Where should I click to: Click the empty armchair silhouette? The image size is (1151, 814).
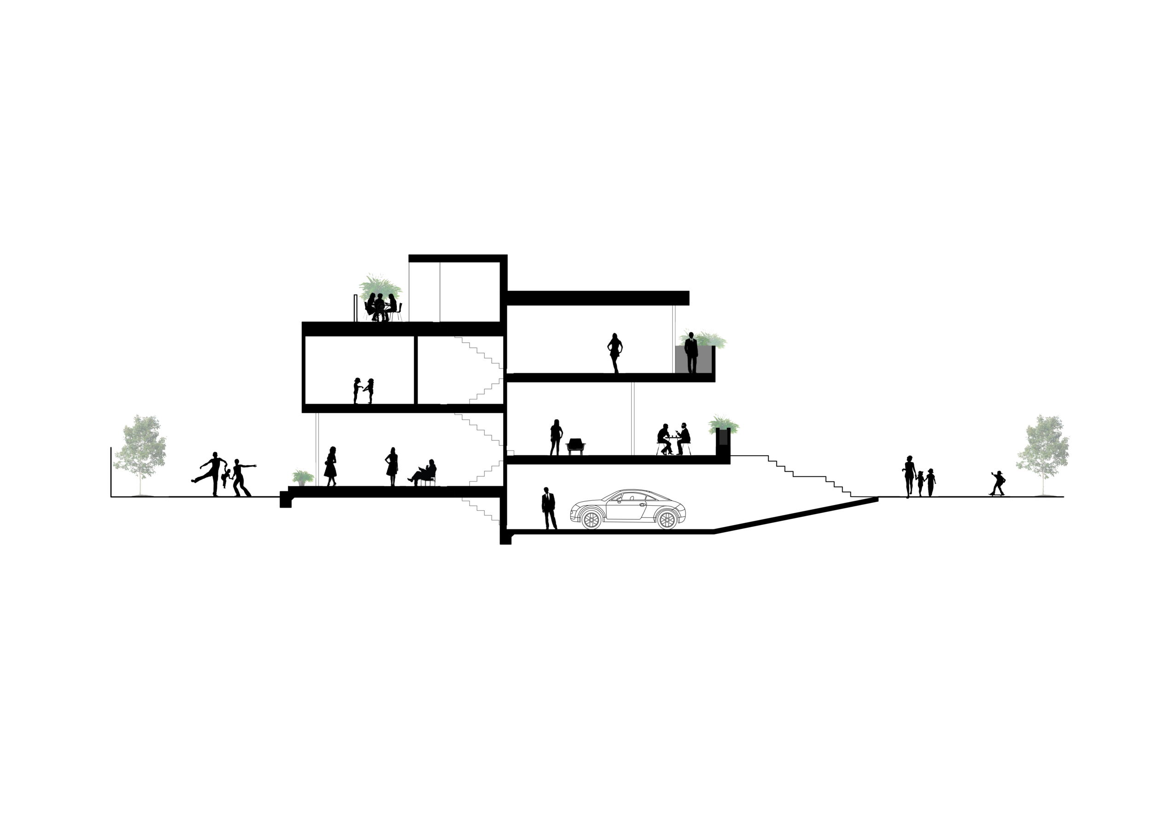[575, 445]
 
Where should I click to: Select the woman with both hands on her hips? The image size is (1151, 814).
[615, 351]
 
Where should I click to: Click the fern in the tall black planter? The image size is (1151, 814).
[723, 424]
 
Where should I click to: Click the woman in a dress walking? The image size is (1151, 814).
[331, 466]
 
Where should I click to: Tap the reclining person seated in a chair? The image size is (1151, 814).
[424, 473]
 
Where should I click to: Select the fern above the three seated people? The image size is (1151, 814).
[379, 284]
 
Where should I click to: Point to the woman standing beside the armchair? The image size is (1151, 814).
[555, 436]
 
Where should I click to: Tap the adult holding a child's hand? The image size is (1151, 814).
[908, 475]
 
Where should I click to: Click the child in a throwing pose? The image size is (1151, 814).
[997, 482]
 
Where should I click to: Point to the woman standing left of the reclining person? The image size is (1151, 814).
[392, 465]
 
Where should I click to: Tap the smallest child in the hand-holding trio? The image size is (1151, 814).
[921, 482]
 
